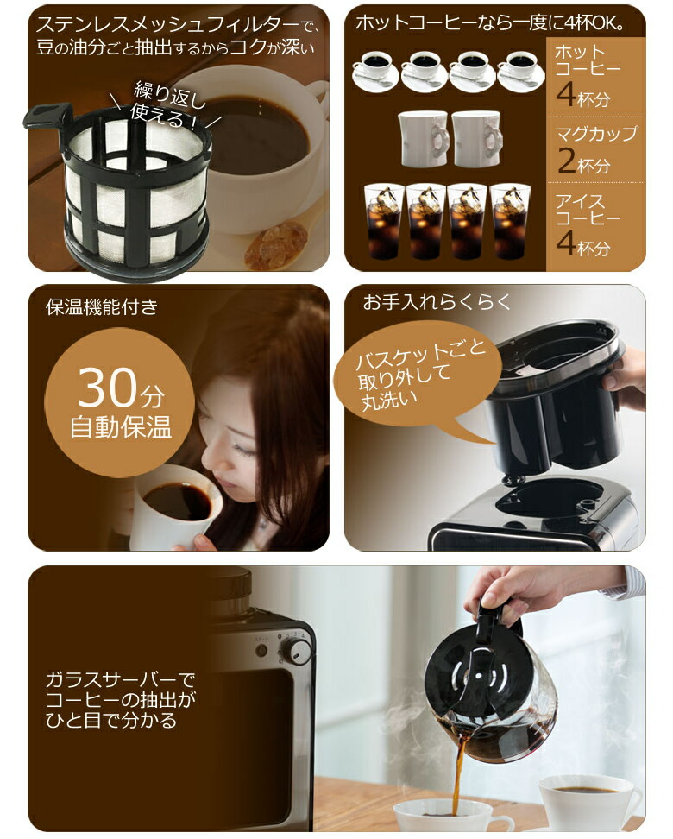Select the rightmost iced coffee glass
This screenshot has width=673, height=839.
[510, 221]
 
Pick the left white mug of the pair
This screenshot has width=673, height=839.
[424, 138]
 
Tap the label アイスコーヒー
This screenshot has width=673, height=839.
[588, 211]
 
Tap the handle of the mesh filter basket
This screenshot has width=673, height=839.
[48, 116]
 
